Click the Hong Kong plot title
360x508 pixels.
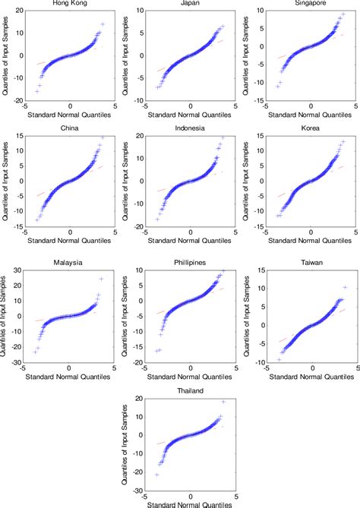69,4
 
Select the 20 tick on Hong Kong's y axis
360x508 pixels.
19,11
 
